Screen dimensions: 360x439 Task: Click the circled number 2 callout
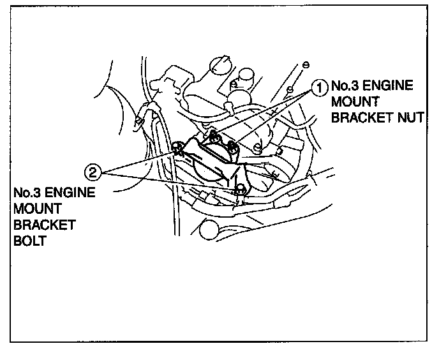[93, 171]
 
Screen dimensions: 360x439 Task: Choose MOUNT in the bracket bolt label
[34, 209]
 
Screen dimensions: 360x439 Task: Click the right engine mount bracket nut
[234, 146]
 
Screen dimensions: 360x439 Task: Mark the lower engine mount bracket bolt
[241, 189]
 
